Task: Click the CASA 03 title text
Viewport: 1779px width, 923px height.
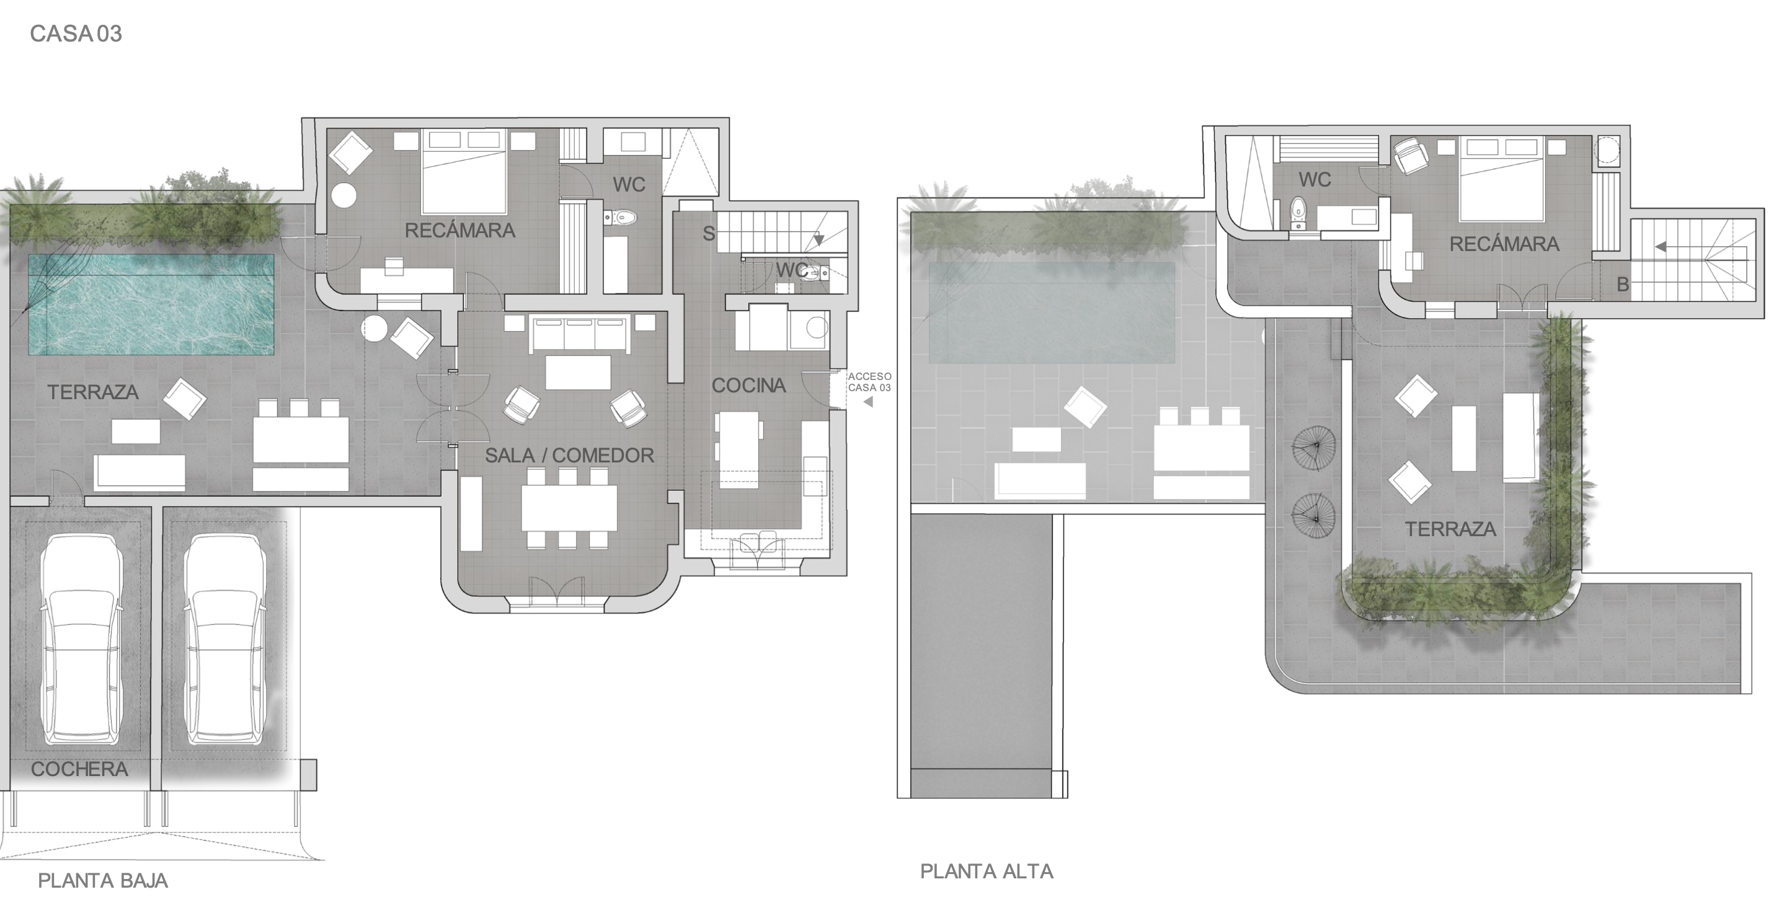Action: pos(76,34)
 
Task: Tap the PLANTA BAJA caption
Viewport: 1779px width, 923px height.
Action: pos(103,880)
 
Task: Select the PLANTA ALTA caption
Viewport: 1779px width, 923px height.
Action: pos(987,871)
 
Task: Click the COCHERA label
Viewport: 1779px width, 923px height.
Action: pos(79,769)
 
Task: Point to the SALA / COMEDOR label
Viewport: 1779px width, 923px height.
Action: pos(570,455)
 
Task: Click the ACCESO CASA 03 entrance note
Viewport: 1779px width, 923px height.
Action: pos(869,382)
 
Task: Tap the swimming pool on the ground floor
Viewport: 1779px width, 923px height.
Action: pos(151,304)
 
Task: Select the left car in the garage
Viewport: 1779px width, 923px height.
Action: pos(81,638)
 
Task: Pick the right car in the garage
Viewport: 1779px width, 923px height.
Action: pos(225,638)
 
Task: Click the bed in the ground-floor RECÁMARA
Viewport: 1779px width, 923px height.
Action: pos(464,170)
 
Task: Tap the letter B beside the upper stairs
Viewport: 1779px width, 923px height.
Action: pos(1623,285)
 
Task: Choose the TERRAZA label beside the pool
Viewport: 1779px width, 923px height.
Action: pos(92,392)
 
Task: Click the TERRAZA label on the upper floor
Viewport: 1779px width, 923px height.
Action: pos(1450,529)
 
